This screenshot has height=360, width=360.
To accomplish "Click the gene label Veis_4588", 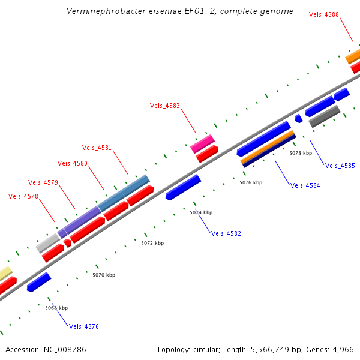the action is (323, 14).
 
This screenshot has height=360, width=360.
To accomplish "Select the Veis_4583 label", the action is (164, 106).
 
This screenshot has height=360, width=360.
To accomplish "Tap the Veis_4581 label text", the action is (97, 148).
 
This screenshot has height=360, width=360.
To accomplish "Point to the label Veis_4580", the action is (72, 163).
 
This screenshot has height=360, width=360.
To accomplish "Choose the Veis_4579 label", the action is (43, 182).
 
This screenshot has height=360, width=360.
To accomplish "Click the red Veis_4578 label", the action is (23, 196).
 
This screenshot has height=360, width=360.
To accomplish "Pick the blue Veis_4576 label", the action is (84, 327).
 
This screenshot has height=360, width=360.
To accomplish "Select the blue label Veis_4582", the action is (226, 233).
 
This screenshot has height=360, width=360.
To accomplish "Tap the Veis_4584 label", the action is (305, 185).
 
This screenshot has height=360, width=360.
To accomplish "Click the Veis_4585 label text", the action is (340, 166).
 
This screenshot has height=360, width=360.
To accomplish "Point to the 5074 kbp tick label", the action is (201, 212).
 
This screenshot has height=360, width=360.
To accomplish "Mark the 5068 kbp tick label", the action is (56, 308).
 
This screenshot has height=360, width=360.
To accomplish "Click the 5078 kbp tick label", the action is (301, 153).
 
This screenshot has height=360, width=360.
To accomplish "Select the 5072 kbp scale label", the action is (152, 243).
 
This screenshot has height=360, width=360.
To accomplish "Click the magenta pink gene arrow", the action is (203, 143).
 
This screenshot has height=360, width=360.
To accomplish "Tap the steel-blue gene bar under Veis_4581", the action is (124, 193).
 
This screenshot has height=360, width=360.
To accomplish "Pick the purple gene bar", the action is (82, 220).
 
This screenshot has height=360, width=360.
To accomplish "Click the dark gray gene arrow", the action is (325, 116).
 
